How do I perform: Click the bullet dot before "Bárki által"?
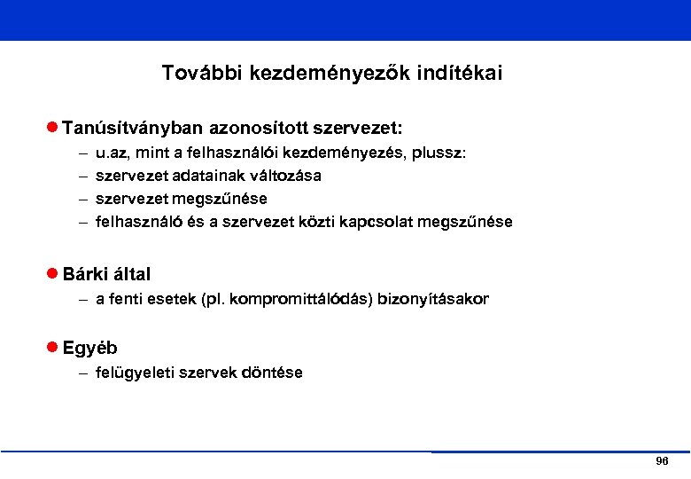coord(53,274)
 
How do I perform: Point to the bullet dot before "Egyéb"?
coord(53,348)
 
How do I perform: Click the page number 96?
coord(662,462)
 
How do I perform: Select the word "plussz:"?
coord(439,153)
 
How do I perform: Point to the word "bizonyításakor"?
coord(433,299)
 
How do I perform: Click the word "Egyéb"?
coord(89,348)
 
